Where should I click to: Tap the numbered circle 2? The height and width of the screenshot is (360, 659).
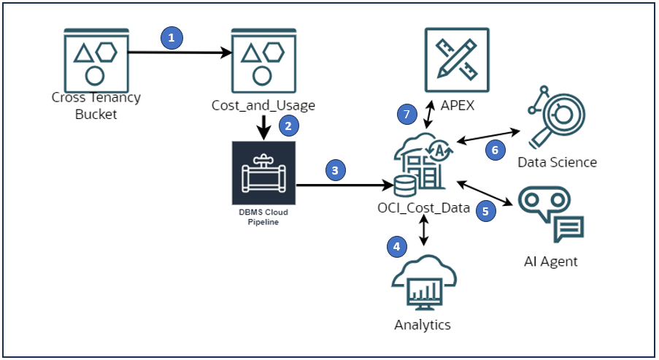[x=288, y=126]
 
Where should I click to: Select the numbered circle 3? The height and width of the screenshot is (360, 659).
[x=335, y=171]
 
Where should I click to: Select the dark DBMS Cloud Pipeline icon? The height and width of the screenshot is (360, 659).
[x=263, y=174]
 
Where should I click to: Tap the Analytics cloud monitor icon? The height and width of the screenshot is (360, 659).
[x=423, y=282]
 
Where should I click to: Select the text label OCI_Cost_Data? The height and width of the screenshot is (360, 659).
[x=423, y=207]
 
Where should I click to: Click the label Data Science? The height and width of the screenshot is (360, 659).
[x=557, y=162]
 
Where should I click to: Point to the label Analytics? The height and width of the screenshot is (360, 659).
[x=423, y=325]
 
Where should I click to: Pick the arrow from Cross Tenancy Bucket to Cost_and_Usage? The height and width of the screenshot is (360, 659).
[x=182, y=53]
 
